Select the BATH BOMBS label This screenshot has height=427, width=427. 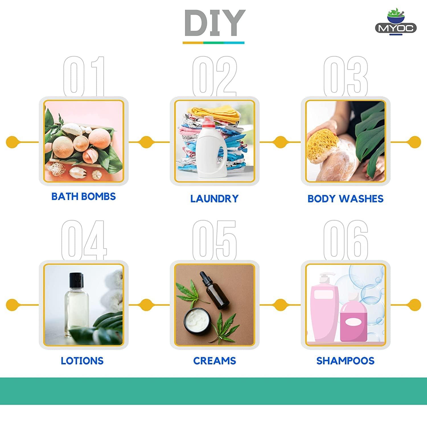click(83, 196)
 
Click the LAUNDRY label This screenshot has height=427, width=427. click(214, 198)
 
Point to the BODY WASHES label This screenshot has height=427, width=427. click(345, 198)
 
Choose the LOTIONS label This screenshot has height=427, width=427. click(82, 361)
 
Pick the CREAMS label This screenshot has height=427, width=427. click(215, 361)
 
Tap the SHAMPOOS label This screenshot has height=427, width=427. click(345, 361)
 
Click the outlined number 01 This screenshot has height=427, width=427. click(84, 76)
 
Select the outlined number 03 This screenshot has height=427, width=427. click(346, 76)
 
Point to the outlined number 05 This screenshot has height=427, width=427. click(214, 240)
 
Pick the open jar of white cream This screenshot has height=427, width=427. click(198, 321)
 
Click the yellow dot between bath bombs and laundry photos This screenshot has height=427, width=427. click(146, 142)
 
